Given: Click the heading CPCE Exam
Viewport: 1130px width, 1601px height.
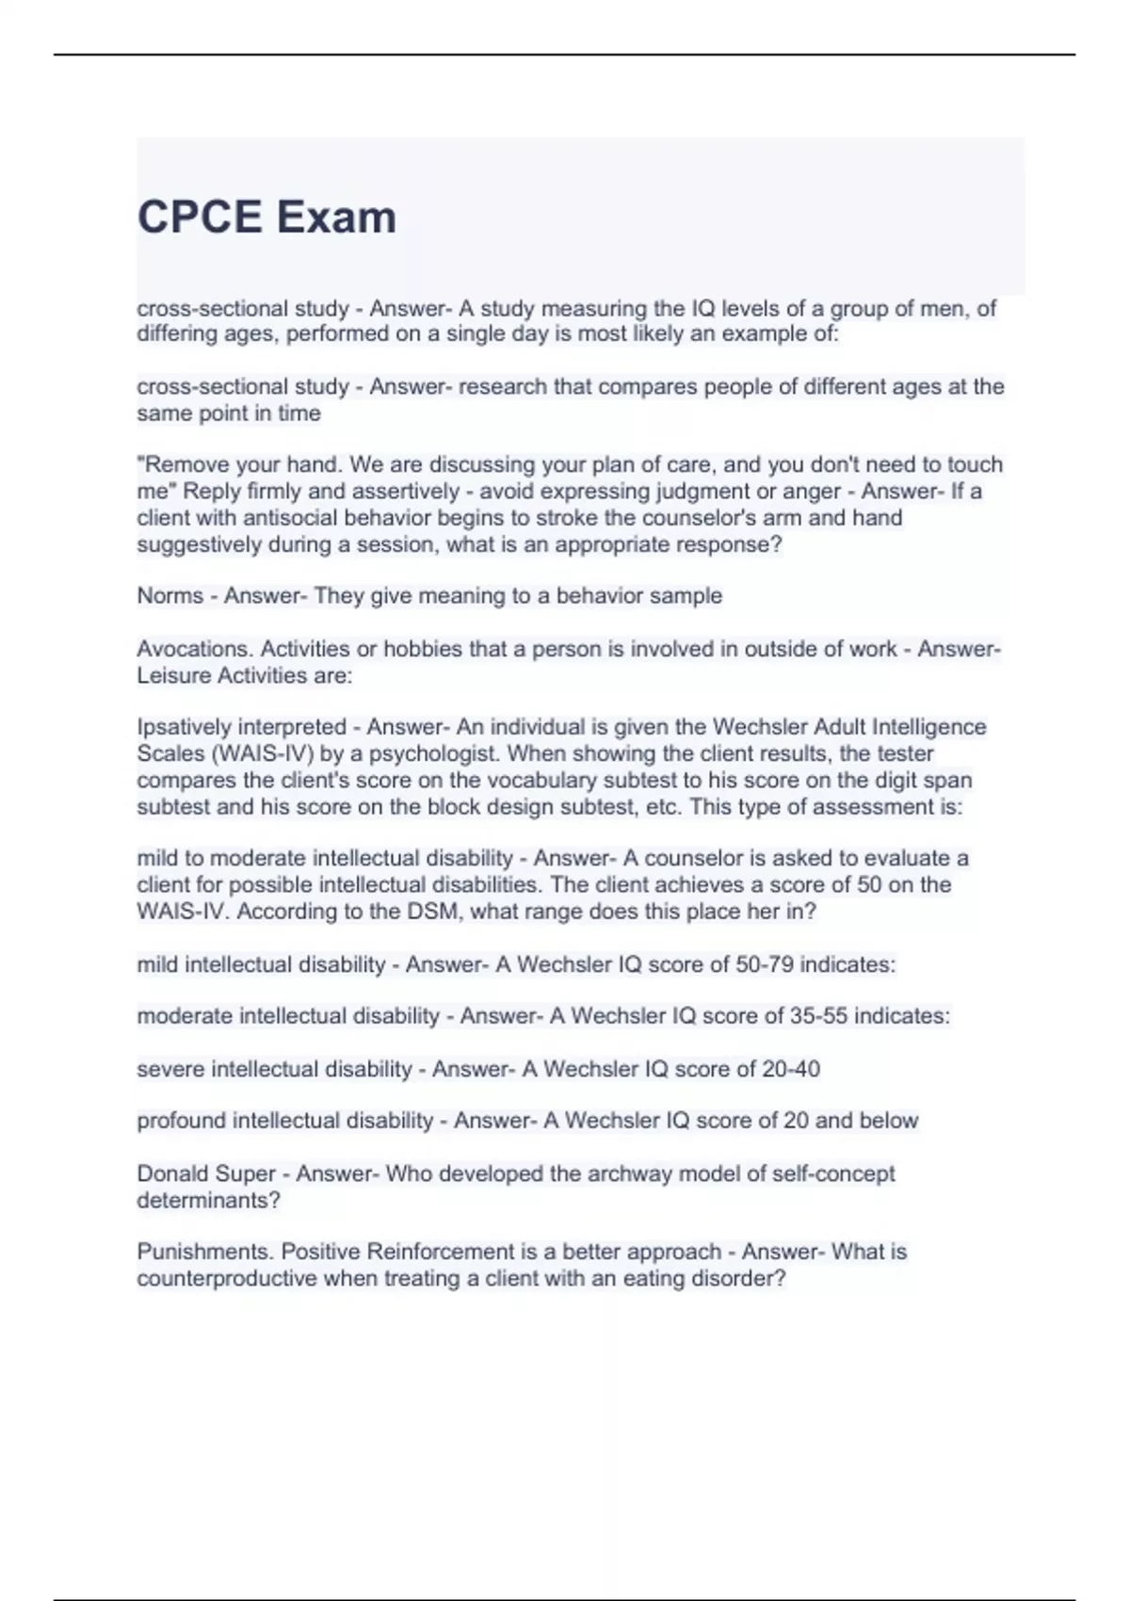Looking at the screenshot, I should coord(266,218).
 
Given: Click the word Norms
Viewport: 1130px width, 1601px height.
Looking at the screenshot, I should coord(169,596).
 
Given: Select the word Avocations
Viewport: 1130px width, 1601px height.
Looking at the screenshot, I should coord(195,649).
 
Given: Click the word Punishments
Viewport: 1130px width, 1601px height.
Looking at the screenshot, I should coord(204,1253).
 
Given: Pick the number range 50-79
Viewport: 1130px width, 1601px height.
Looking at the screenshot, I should coord(763,965).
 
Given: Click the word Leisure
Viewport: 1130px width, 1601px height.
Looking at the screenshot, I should coord(173,675).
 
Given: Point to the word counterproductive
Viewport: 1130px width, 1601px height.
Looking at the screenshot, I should coord(227,1279).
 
